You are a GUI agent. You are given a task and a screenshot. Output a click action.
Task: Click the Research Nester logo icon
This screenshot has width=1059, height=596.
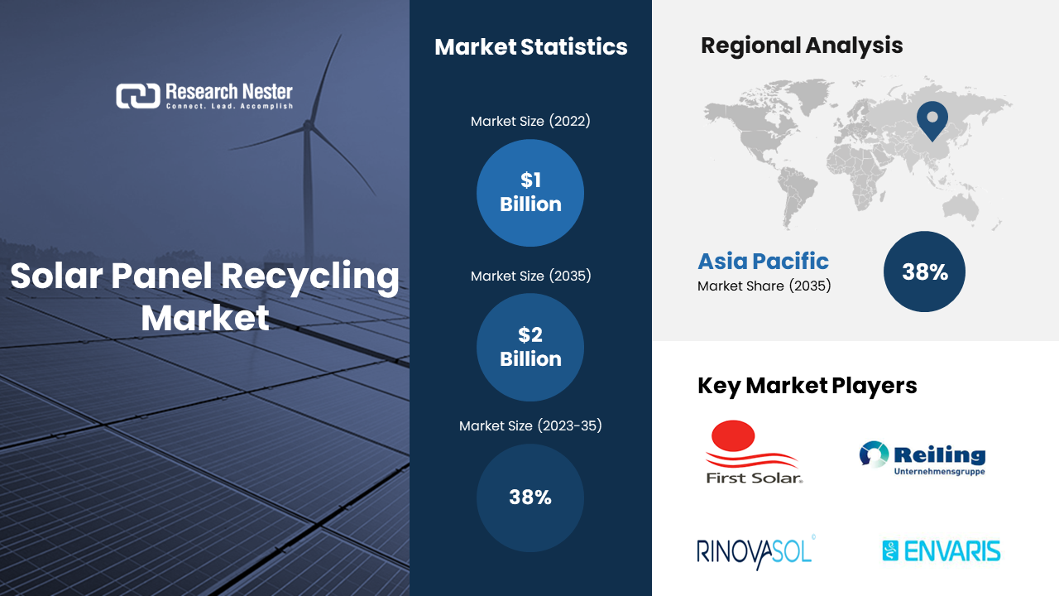138,96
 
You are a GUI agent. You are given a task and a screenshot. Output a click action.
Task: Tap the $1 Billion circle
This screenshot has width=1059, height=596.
530,193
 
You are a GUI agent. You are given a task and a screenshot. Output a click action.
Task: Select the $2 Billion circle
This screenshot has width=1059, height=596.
530,347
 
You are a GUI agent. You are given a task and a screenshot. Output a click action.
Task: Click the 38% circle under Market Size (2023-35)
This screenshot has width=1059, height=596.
530,497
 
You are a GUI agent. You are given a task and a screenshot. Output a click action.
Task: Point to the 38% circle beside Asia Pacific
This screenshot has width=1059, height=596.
924,272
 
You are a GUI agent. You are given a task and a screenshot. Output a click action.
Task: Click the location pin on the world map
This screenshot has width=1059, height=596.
932,121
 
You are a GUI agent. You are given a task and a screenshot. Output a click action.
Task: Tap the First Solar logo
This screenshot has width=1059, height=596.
754,452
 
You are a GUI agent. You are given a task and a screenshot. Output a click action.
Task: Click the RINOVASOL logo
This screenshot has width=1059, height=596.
756,552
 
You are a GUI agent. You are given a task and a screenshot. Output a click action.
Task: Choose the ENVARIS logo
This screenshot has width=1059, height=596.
942,551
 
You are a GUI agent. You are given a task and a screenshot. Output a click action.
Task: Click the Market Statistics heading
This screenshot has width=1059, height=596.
531,47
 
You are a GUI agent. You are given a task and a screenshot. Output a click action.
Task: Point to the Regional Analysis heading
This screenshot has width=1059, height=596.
802,46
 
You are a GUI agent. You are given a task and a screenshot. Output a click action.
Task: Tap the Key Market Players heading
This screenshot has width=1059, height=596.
807,386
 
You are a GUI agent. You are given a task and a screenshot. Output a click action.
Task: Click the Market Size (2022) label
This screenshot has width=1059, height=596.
530,121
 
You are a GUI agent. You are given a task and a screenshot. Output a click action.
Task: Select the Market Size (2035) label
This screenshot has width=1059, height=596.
530,276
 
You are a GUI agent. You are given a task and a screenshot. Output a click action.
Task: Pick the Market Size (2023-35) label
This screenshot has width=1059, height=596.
530,425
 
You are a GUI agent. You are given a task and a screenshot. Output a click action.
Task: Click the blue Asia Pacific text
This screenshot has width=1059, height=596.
763,261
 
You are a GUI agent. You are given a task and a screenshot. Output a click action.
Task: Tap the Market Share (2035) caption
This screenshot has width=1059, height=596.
764,286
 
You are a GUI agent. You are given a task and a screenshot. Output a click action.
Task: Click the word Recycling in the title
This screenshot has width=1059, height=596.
310,277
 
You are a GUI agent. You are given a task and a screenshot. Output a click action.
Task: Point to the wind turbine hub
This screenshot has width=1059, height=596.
308,125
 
